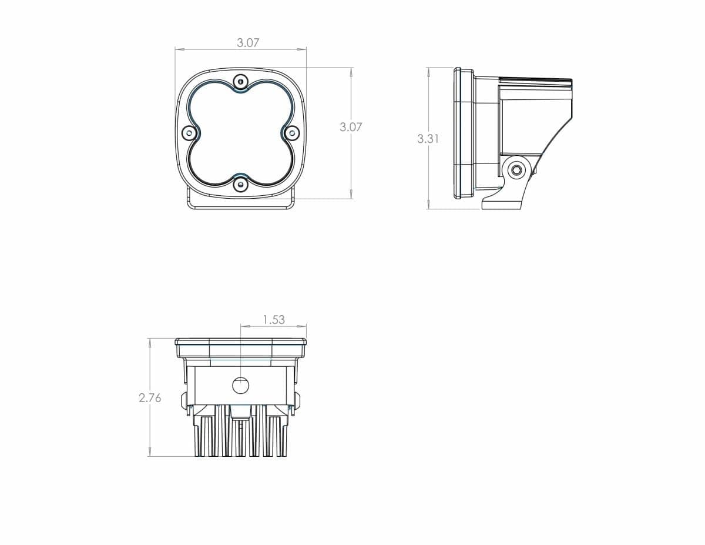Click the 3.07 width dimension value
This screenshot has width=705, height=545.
[x=248, y=43]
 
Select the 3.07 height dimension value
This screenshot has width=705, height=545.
[x=351, y=126]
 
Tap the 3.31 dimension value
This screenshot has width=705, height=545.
[x=428, y=139]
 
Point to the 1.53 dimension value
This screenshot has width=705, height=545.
[x=273, y=319]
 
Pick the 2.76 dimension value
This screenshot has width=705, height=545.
[x=150, y=397]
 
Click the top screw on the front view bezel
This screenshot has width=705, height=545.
[x=240, y=82]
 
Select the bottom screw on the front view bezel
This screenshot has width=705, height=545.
[x=240, y=184]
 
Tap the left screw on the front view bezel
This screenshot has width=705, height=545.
[x=189, y=133]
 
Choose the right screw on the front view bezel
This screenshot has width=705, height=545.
[x=291, y=133]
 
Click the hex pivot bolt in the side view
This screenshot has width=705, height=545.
[x=516, y=170]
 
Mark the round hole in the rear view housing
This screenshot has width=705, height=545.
[x=240, y=386]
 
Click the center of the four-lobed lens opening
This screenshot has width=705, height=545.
[x=240, y=133]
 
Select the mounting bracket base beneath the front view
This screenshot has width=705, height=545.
[x=240, y=203]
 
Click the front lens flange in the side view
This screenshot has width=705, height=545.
[x=464, y=133]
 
